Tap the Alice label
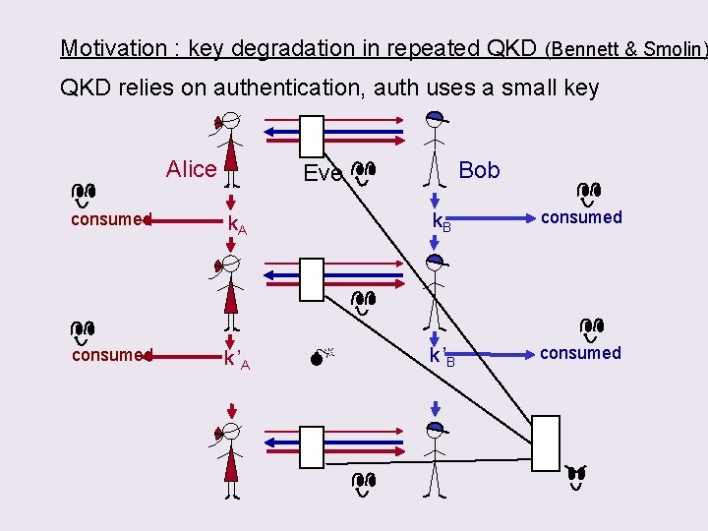pos(191,169)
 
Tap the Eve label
pos(323,174)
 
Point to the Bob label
pos(479,170)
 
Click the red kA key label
pos(237,225)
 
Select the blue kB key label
pos(442,223)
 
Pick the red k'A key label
pos(236,360)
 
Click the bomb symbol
pos(320,358)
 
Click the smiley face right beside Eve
pos(363,173)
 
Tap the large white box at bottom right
pos(545,442)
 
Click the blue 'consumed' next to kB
pos(581,217)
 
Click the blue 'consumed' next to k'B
pos(580,353)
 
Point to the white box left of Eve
pos(312,136)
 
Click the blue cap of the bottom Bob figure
pos(434,429)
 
